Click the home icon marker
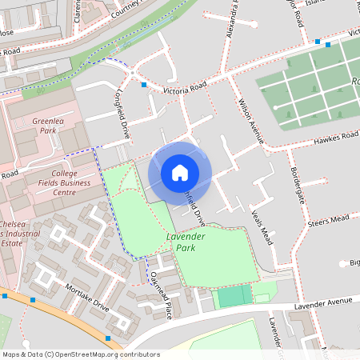coord(180,173)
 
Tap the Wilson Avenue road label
coord(250,120)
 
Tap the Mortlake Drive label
coord(87,299)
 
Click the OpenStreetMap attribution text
coord(81,354)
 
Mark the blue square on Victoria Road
coord(144,85)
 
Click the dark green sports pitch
coord(233,297)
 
